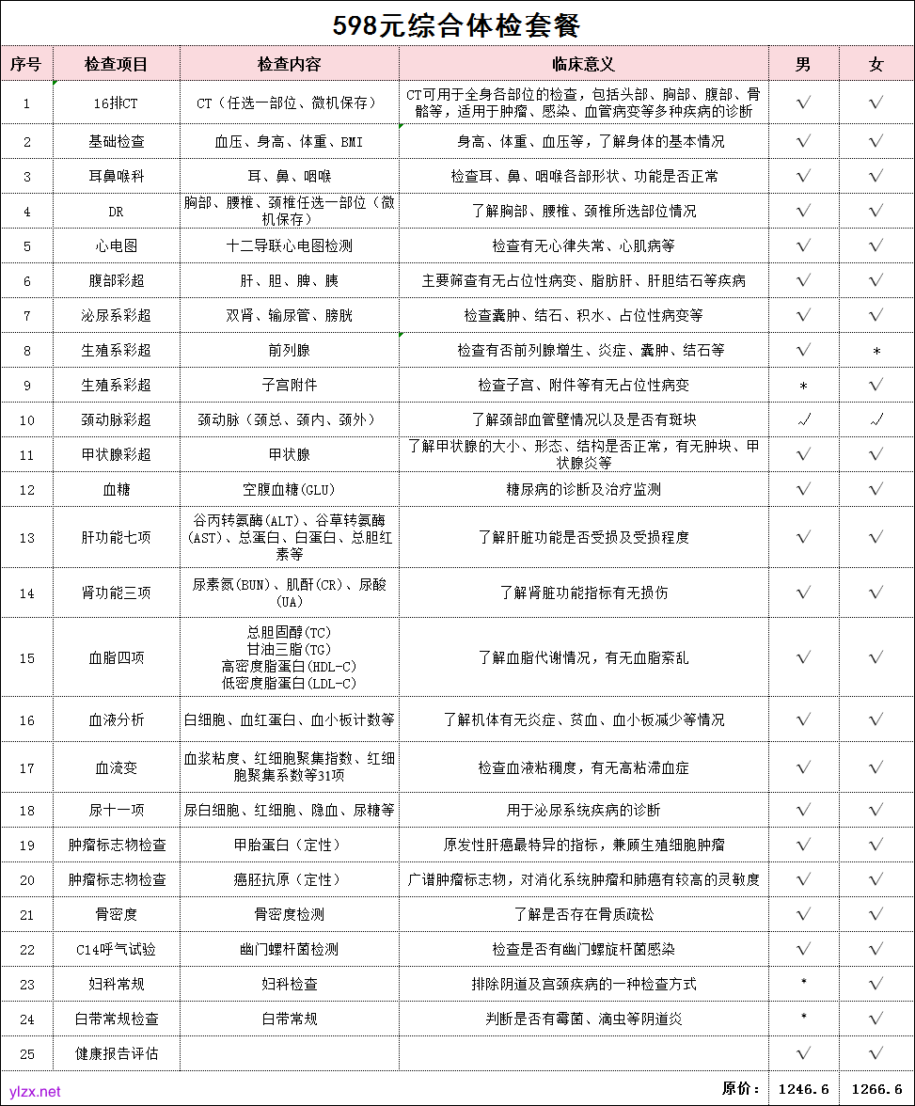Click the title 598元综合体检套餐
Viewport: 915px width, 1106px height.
click(457, 24)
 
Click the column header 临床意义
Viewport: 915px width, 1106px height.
click(583, 64)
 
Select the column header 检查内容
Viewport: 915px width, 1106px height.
click(289, 64)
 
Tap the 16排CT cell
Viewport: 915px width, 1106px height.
click(116, 103)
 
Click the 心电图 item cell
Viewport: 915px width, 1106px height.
click(116, 245)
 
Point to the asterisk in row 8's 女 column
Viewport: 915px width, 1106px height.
click(876, 351)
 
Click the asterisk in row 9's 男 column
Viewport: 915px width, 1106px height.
click(803, 386)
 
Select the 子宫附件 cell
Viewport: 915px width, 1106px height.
click(289, 385)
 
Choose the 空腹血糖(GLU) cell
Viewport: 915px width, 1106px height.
click(289, 489)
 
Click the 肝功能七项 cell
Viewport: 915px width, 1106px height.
click(116, 537)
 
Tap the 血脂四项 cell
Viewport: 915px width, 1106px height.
click(116, 657)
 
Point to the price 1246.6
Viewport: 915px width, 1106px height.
click(804, 1088)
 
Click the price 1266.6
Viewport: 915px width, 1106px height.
click(876, 1088)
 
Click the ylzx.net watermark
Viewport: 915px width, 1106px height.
click(35, 1092)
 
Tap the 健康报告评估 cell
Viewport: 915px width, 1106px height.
click(116, 1053)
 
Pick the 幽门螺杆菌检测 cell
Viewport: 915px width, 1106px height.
click(289, 950)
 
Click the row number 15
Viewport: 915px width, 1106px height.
click(26, 657)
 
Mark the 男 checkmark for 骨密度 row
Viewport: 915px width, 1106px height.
click(803, 914)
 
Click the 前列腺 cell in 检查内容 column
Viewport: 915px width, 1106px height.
click(289, 350)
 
